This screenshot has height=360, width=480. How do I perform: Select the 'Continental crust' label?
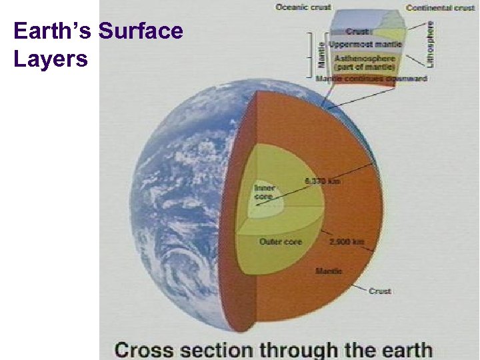[440, 8]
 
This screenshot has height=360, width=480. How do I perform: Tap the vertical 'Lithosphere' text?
[431, 43]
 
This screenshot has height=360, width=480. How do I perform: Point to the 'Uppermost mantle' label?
[365, 44]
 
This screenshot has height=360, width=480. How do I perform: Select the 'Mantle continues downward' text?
[371, 78]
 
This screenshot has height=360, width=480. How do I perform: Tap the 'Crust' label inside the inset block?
[357, 31]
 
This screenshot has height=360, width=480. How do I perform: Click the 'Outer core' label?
[281, 241]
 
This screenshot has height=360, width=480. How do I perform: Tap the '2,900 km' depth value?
[347, 242]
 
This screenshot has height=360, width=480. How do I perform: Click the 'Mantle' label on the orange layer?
[329, 271]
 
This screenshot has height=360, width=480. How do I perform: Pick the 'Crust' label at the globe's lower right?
[380, 291]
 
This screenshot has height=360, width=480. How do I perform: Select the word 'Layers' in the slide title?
[51, 59]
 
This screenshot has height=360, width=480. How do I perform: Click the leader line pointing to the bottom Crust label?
[359, 285]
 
